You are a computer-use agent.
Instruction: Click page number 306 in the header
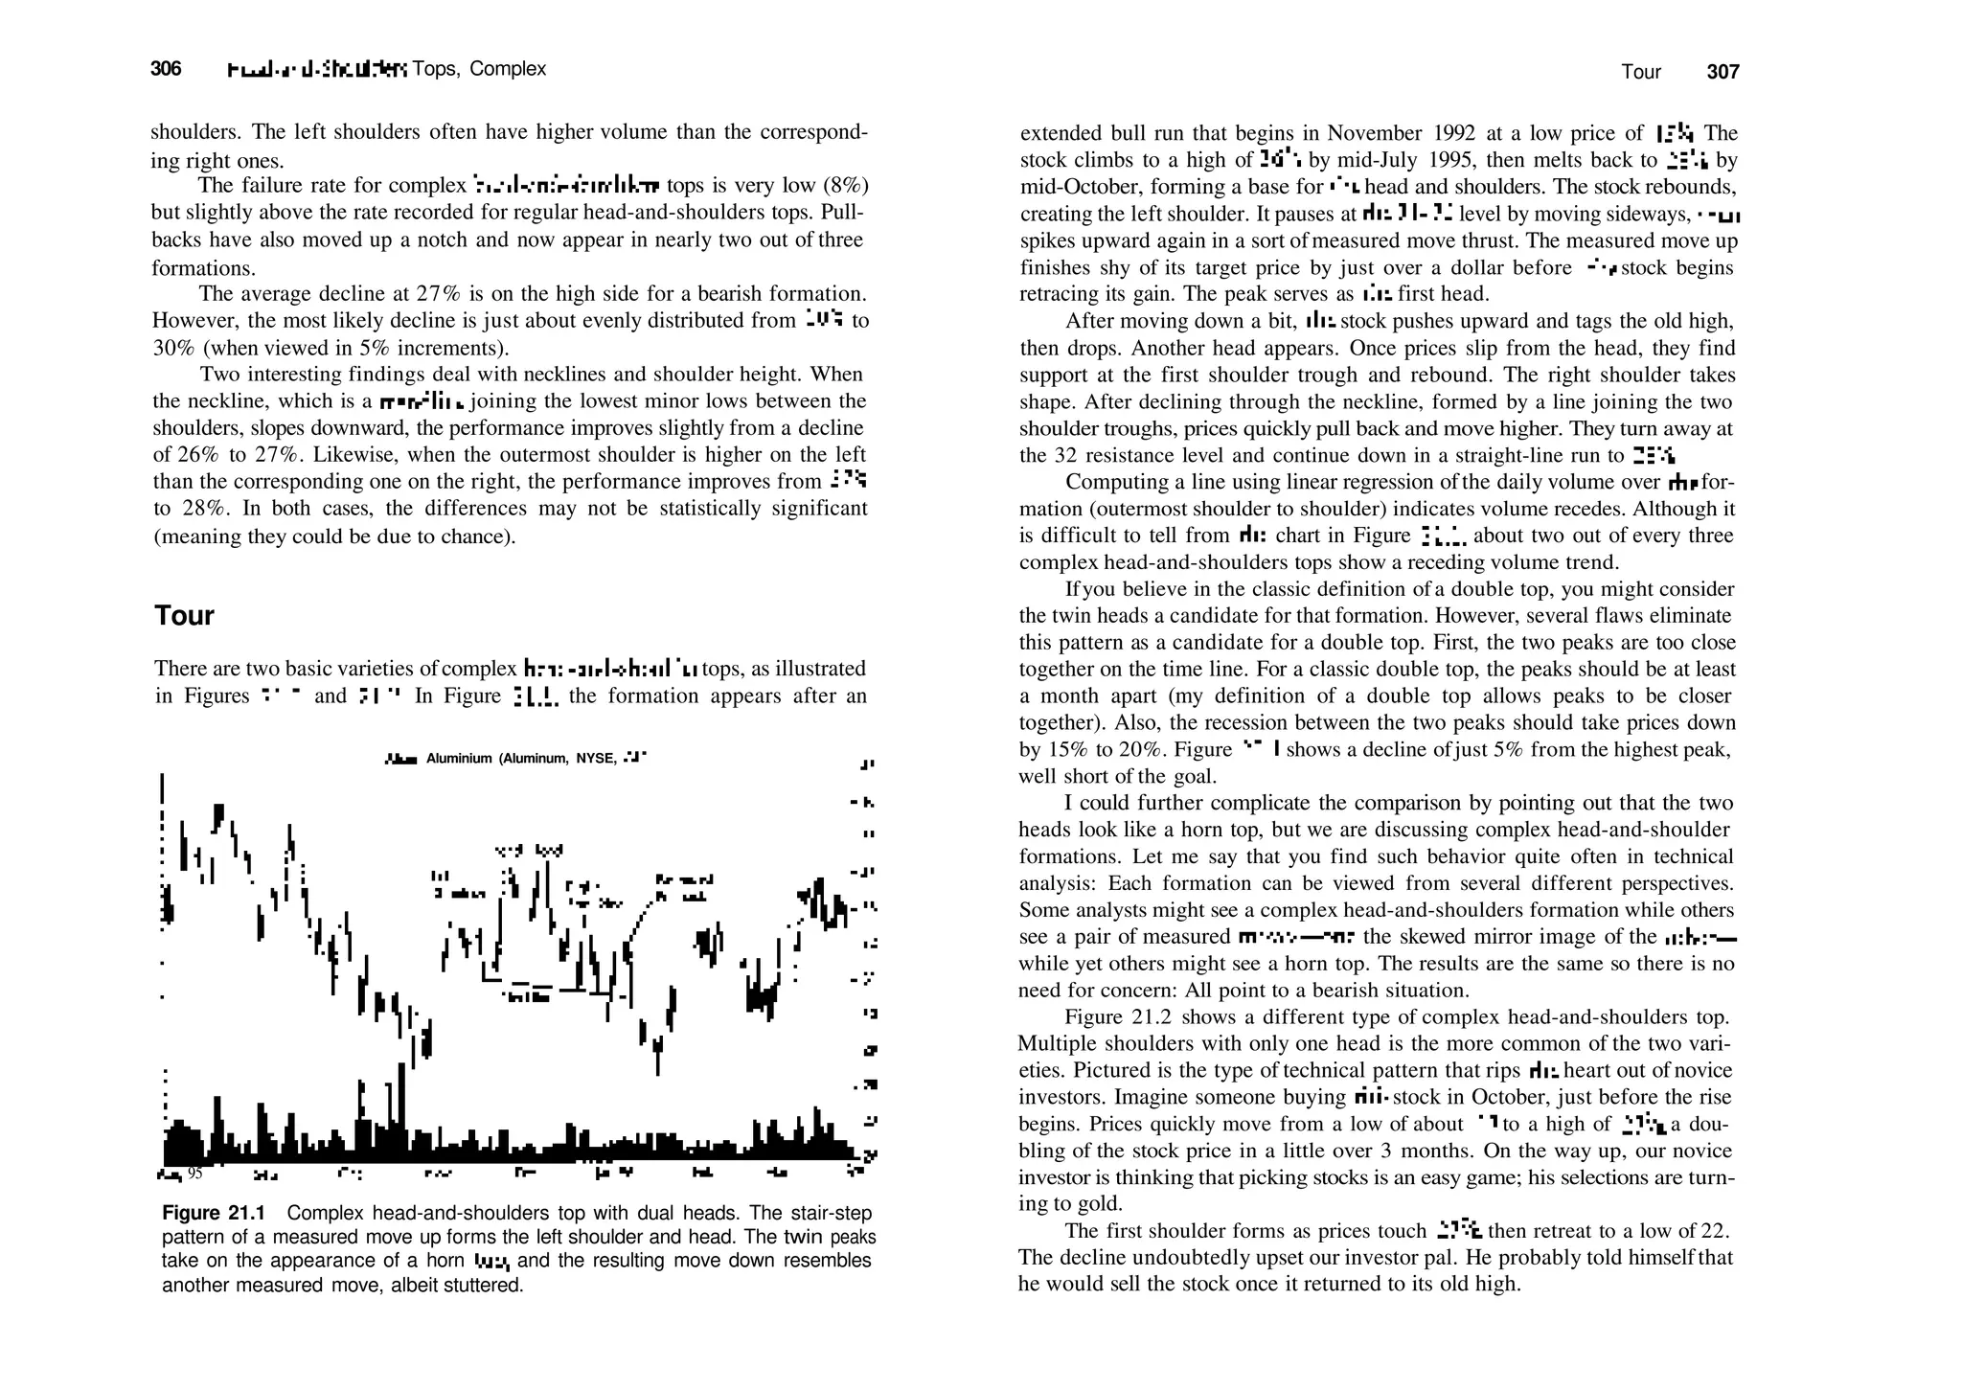point(166,69)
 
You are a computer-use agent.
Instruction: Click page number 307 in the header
point(1722,72)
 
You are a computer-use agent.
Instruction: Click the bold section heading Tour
point(184,615)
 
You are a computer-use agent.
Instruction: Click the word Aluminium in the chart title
point(459,759)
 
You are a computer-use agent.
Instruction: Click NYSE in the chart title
point(595,759)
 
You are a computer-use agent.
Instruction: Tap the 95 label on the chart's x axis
point(194,1174)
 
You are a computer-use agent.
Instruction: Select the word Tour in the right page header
point(1641,72)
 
